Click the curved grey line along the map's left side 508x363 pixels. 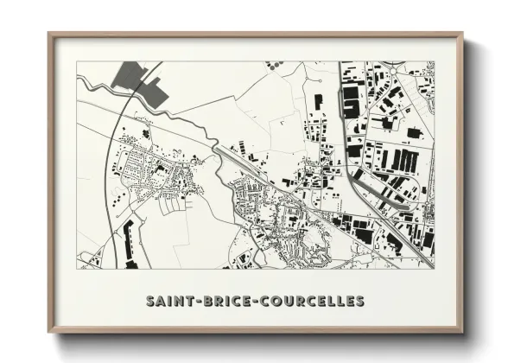point(109,173)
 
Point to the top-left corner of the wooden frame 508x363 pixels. point(49,35)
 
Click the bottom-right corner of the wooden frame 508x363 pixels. point(461,333)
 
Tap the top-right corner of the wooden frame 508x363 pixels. point(461,35)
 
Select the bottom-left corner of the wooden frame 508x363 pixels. point(49,333)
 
